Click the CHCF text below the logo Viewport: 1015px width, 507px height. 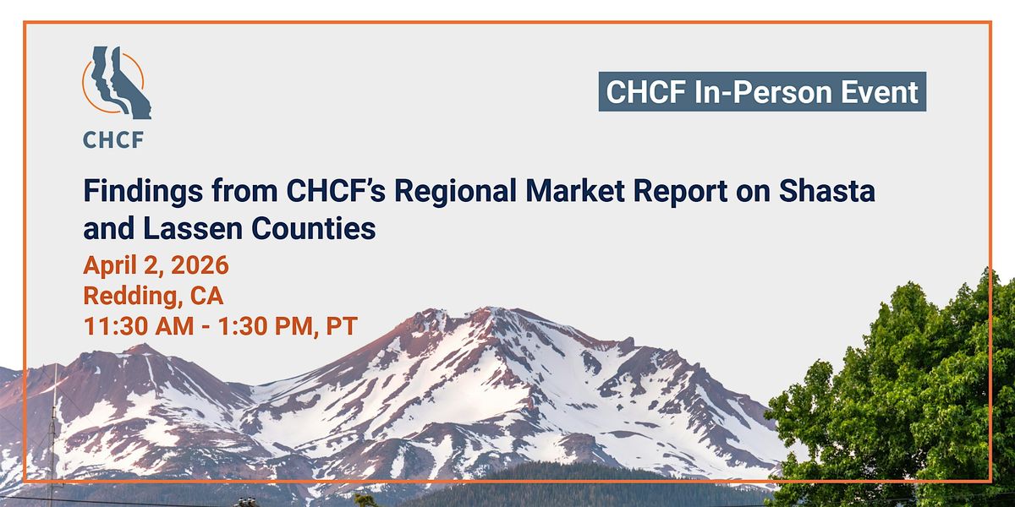pos(113,140)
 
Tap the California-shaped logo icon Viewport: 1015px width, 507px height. pos(117,83)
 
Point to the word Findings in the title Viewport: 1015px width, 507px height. pos(143,192)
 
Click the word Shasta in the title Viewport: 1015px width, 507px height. pos(827,191)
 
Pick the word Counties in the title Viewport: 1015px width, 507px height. pos(314,228)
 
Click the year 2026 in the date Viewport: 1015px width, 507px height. pos(200,264)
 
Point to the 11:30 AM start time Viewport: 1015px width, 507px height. pos(139,326)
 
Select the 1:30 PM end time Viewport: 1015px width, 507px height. pos(264,326)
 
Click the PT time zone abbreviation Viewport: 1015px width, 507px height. pos(342,326)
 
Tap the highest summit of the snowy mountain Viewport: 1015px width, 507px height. pos(490,308)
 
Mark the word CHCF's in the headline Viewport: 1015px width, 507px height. pos(337,191)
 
